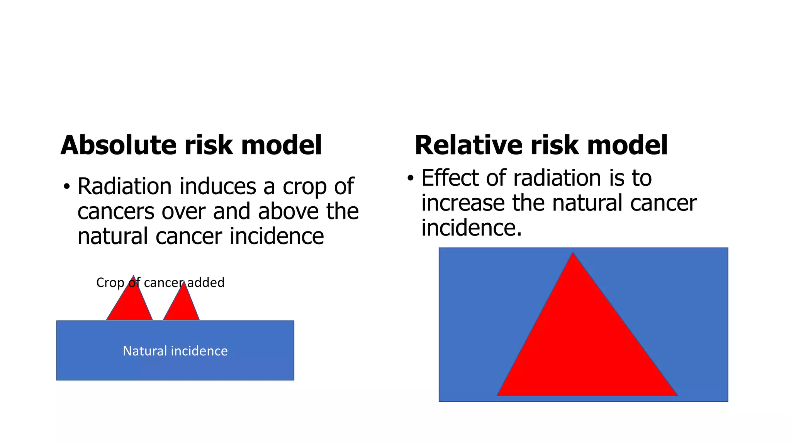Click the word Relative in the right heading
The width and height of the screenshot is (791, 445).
point(468,145)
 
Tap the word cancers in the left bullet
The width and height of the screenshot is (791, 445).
point(116,212)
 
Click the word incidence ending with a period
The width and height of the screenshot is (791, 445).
point(471,228)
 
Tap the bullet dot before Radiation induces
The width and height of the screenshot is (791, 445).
point(67,187)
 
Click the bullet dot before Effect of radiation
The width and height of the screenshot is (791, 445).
point(411,178)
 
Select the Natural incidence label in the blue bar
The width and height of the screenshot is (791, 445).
point(175,351)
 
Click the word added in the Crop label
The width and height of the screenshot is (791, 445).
point(206,283)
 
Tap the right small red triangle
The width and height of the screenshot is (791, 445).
point(182,307)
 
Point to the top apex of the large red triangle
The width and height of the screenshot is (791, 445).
point(573,254)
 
